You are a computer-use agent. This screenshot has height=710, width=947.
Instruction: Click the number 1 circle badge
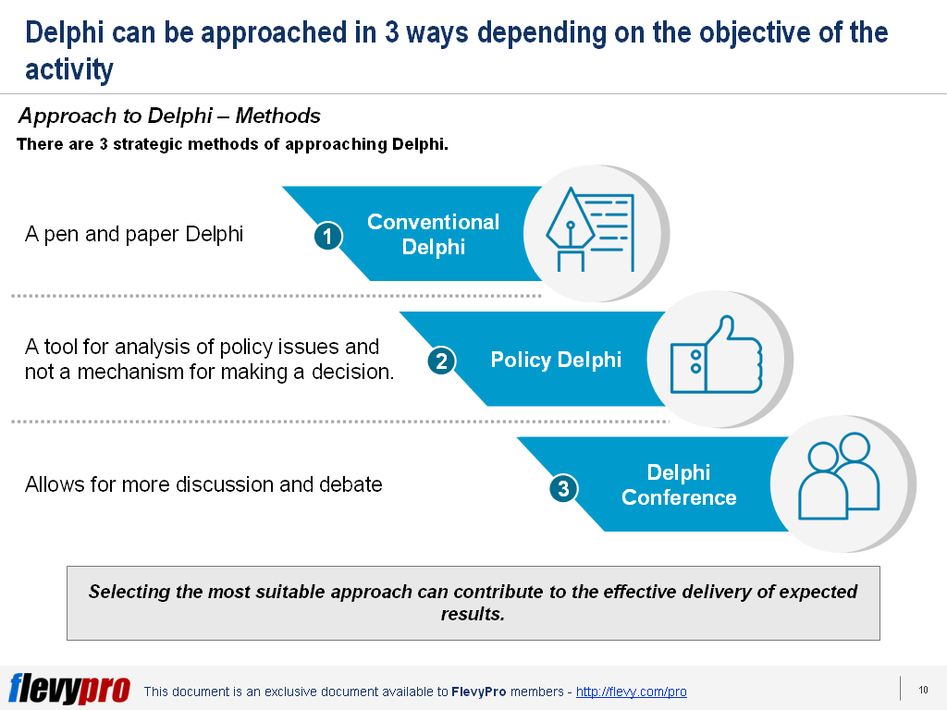click(x=328, y=236)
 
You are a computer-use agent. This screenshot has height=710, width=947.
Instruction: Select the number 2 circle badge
click(x=441, y=361)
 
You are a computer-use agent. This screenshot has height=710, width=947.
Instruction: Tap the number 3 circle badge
click(x=563, y=488)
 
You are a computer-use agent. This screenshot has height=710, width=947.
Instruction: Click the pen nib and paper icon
click(x=590, y=229)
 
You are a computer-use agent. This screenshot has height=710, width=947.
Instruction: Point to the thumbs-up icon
click(x=717, y=355)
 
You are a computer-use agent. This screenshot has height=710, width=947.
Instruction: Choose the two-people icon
click(x=839, y=476)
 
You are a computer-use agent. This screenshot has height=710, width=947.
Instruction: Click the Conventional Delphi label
click(x=434, y=234)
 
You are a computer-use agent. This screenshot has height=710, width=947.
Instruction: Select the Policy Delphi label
click(x=556, y=360)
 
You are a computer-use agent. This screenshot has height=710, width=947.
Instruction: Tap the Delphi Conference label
click(x=679, y=484)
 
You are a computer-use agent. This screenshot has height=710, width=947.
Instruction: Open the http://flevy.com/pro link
click(x=631, y=692)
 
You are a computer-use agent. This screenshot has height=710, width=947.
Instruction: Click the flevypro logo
click(x=69, y=688)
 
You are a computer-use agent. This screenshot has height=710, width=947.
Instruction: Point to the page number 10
click(x=924, y=690)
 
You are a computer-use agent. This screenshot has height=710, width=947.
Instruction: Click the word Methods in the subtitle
click(x=277, y=116)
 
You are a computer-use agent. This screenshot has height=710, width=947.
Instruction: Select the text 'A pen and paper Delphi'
click(x=134, y=234)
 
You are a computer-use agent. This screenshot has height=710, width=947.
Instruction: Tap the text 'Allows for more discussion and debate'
click(x=203, y=484)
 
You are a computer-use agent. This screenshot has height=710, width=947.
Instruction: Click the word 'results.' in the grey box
click(x=473, y=614)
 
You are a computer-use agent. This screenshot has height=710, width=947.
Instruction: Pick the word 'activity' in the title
click(x=68, y=70)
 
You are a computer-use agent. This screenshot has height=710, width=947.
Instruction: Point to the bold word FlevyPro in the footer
click(x=478, y=692)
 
